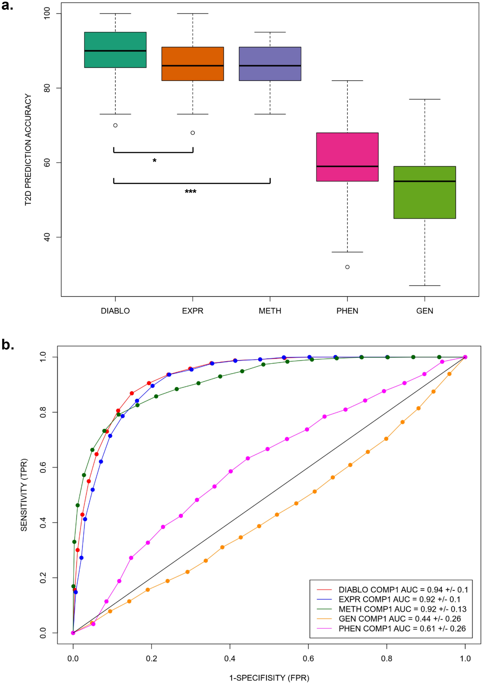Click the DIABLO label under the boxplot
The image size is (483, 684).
pos(115,311)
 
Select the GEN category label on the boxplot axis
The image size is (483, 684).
pos(424,311)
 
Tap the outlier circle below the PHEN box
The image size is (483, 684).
pos(347,267)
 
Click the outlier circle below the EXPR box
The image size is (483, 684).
pos(193,133)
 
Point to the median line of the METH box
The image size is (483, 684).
pos(270,66)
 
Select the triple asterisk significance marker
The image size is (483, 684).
pos(190,192)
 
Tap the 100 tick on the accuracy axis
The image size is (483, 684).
pos(47,14)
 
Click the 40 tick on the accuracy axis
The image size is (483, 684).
pos(47,237)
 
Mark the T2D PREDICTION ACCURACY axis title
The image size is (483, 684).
pos(28,150)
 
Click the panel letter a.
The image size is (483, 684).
pos(7,6)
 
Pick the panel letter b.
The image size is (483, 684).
pos(8,345)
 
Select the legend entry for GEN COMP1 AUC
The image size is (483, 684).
pos(399,619)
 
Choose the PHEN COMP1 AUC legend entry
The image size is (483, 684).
pos(402,628)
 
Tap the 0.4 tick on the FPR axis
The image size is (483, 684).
pos(230,659)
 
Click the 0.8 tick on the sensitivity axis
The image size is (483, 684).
pos(43,412)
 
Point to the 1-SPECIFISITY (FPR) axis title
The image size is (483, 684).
pos(269,678)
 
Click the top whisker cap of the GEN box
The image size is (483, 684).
pos(424,99)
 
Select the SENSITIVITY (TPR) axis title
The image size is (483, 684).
pos(24,495)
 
